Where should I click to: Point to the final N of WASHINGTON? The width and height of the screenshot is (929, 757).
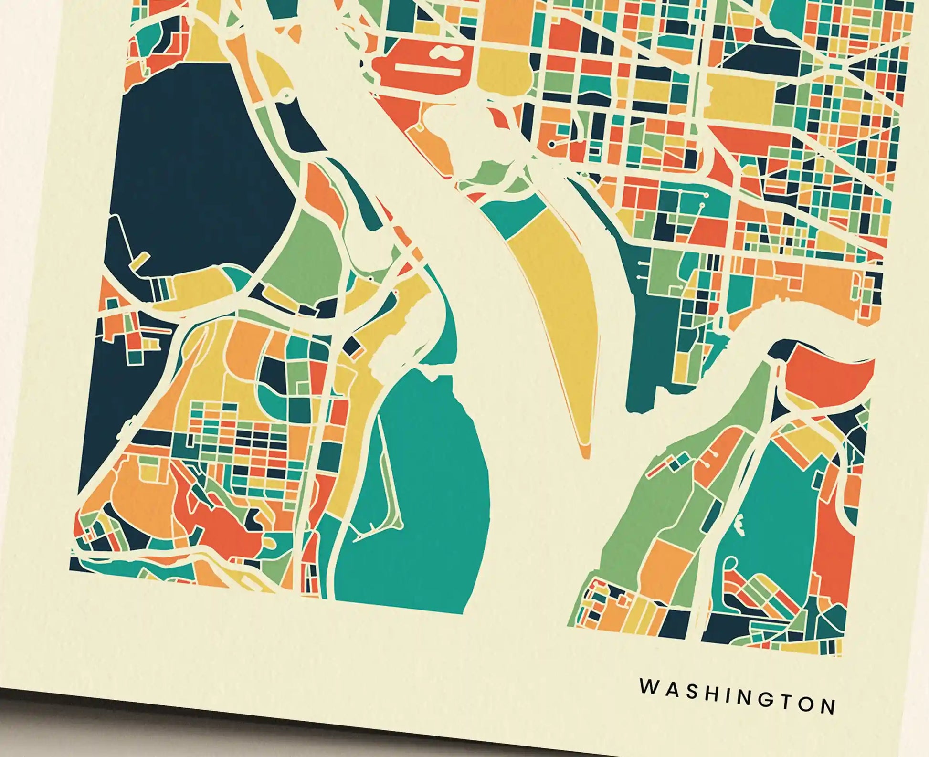point(829,705)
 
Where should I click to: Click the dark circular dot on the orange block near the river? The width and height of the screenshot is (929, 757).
point(552,144)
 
